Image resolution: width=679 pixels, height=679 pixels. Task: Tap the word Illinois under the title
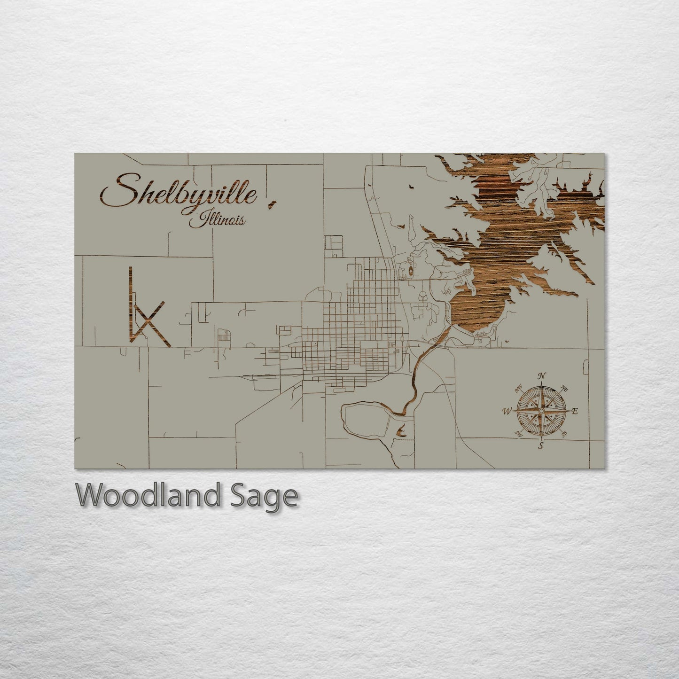coord(217,219)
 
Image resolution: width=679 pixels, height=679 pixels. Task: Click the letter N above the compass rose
coord(542,376)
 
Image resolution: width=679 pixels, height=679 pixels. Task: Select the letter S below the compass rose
coord(541,445)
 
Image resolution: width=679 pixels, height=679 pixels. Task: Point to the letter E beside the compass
coord(574,411)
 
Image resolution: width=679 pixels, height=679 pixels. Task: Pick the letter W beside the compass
coord(507,411)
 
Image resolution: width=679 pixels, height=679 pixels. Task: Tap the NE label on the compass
coord(565,389)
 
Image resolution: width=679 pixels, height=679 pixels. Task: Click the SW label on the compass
coord(519,433)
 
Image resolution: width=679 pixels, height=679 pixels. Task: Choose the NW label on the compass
coord(519,389)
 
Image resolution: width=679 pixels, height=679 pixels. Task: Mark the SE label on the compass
coord(564,433)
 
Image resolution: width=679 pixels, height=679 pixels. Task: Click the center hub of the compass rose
coord(542,411)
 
